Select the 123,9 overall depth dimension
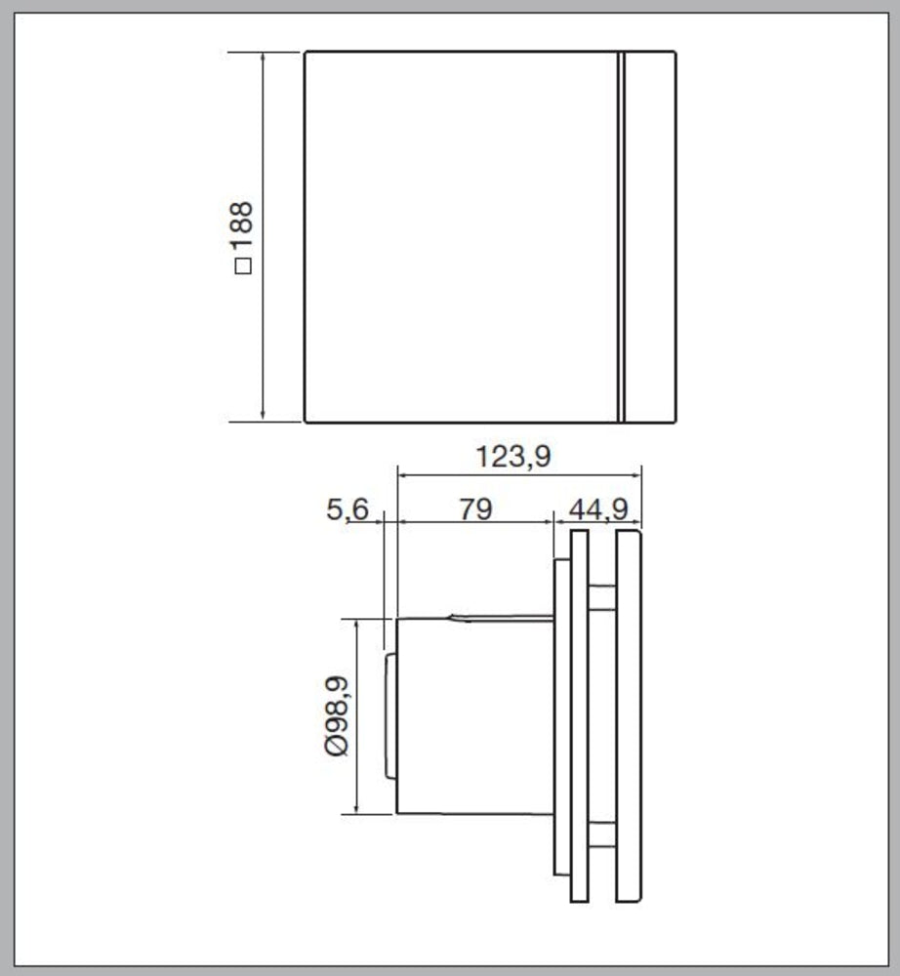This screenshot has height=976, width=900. (513, 456)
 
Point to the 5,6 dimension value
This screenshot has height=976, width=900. (348, 508)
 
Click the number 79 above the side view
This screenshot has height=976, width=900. (474, 508)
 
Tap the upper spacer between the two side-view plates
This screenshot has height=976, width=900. (602, 596)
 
